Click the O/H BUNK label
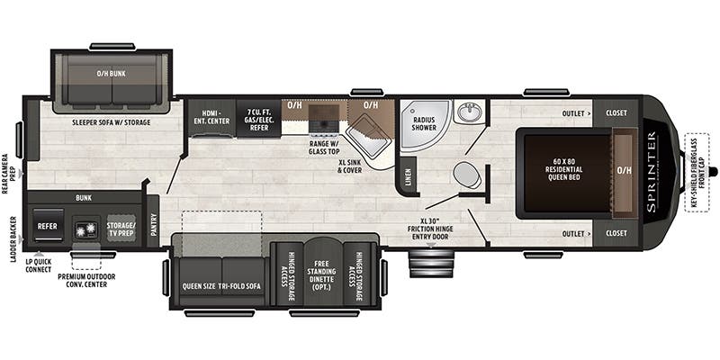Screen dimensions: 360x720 [x=112, y=74]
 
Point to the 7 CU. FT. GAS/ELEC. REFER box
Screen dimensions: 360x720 [x=257, y=119]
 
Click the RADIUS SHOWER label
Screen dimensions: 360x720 [x=424, y=123]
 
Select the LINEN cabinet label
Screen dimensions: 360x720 [x=408, y=175]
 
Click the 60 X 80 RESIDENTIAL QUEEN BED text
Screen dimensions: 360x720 [x=562, y=171]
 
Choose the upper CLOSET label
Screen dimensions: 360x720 [x=616, y=114]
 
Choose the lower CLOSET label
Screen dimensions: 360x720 [x=616, y=233]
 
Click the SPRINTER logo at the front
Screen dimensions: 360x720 [x=652, y=172]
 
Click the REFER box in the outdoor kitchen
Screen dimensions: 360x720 [x=47, y=226]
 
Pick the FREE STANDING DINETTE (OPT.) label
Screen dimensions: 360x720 [x=322, y=274]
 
